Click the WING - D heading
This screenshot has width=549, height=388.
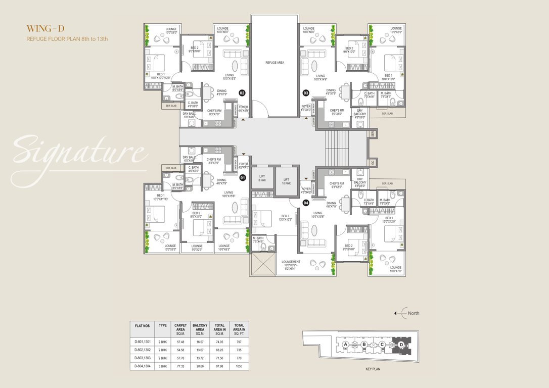point(45,28)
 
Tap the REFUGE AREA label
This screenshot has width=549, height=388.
point(275,62)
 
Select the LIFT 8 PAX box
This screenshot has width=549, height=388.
point(262,178)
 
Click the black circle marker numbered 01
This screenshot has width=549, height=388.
point(242,178)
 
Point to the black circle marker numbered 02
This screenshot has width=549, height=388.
point(242,93)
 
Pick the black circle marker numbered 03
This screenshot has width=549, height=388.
point(306,93)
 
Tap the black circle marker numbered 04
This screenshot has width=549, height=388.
point(306,203)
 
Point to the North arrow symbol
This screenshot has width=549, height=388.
point(401,313)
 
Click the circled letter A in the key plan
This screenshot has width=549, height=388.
point(346,344)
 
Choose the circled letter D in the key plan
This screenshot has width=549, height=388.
point(401,344)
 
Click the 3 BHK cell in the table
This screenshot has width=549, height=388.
point(162,365)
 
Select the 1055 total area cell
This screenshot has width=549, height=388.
point(239,365)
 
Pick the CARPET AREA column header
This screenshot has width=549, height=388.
point(180,329)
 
